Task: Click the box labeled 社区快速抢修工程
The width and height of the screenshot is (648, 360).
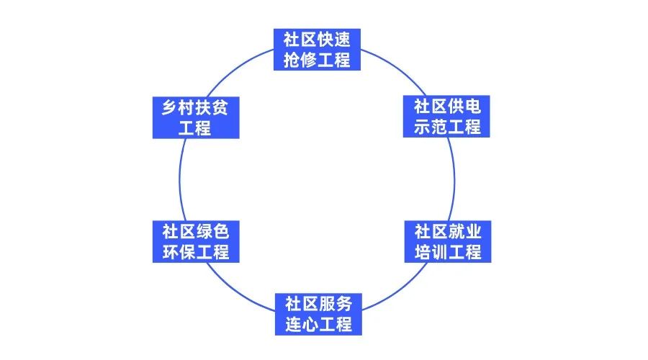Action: pyautogui.click(x=317, y=49)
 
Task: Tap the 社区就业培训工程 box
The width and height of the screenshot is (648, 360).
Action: pyautogui.click(x=446, y=242)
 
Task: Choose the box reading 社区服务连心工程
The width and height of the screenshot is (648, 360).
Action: pyautogui.click(x=318, y=313)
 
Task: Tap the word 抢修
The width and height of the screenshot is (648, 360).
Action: pyautogui.click(x=301, y=59)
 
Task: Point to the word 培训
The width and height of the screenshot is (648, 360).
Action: pyautogui.click(x=431, y=252)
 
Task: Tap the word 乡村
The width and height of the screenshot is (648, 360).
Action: pyautogui.click(x=179, y=107)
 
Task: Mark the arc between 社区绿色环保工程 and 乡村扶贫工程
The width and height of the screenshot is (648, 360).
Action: pyautogui.click(x=179, y=179)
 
